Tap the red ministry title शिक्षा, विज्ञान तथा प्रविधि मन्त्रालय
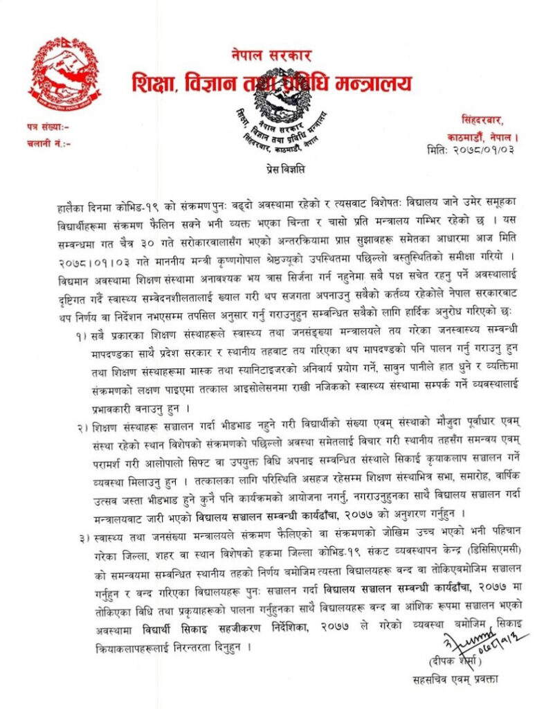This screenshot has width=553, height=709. click(x=271, y=84)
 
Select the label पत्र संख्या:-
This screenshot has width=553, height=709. click(x=48, y=128)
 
